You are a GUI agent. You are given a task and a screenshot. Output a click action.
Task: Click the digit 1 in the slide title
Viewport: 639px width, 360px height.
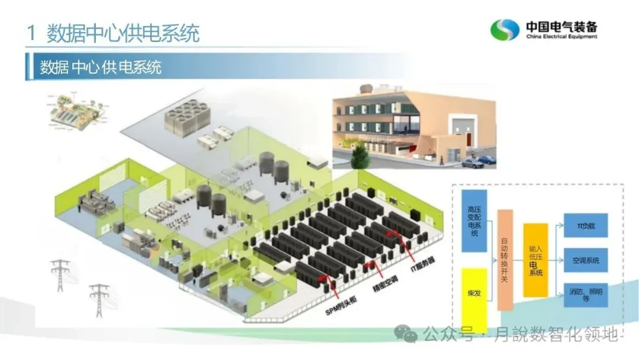tap(31, 33)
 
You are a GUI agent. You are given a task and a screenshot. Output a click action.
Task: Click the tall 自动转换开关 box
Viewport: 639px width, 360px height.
tap(504, 259)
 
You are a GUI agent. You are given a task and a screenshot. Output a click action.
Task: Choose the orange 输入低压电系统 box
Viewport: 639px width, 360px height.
tap(535, 260)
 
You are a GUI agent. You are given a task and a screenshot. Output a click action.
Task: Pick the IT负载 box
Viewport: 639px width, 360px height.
tap(585, 226)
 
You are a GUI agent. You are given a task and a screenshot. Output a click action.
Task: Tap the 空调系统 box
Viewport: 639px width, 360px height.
tap(585, 260)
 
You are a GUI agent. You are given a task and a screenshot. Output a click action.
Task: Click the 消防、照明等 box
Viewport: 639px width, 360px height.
tap(585, 294)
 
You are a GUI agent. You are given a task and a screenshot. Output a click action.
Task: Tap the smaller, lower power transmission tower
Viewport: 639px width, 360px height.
tap(99, 300)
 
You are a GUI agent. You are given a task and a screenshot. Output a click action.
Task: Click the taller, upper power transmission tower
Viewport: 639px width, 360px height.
tap(60, 275)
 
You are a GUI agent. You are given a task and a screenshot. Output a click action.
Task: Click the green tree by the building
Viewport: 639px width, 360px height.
tap(360, 156)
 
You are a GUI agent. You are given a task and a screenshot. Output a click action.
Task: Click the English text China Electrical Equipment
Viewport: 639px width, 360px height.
tap(561, 37)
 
